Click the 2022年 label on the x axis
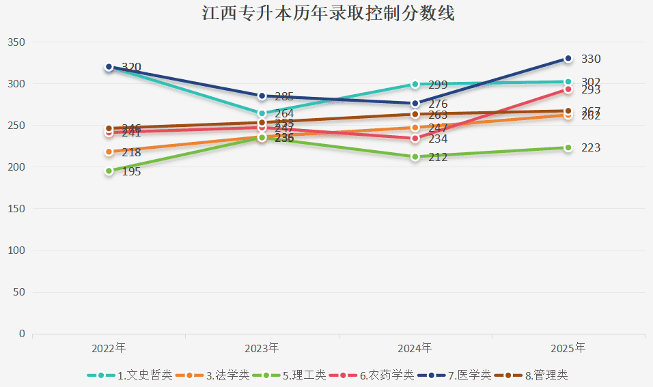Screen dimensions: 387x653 [x=109, y=348]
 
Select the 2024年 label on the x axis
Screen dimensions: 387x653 [x=415, y=348]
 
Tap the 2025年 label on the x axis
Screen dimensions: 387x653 [x=568, y=348]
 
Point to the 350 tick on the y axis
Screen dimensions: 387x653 [x=16, y=42]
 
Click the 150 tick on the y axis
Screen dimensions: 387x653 [x=16, y=209]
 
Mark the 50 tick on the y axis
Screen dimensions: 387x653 [x=19, y=292]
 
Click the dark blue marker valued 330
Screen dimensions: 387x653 [x=568, y=59]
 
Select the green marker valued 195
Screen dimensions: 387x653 [x=109, y=171]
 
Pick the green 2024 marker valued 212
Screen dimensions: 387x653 [x=415, y=157]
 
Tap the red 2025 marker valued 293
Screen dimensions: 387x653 [x=568, y=89]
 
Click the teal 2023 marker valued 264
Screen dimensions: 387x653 [x=262, y=114]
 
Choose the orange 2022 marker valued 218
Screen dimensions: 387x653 [x=109, y=152]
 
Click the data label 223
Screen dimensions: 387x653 [x=590, y=148]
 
